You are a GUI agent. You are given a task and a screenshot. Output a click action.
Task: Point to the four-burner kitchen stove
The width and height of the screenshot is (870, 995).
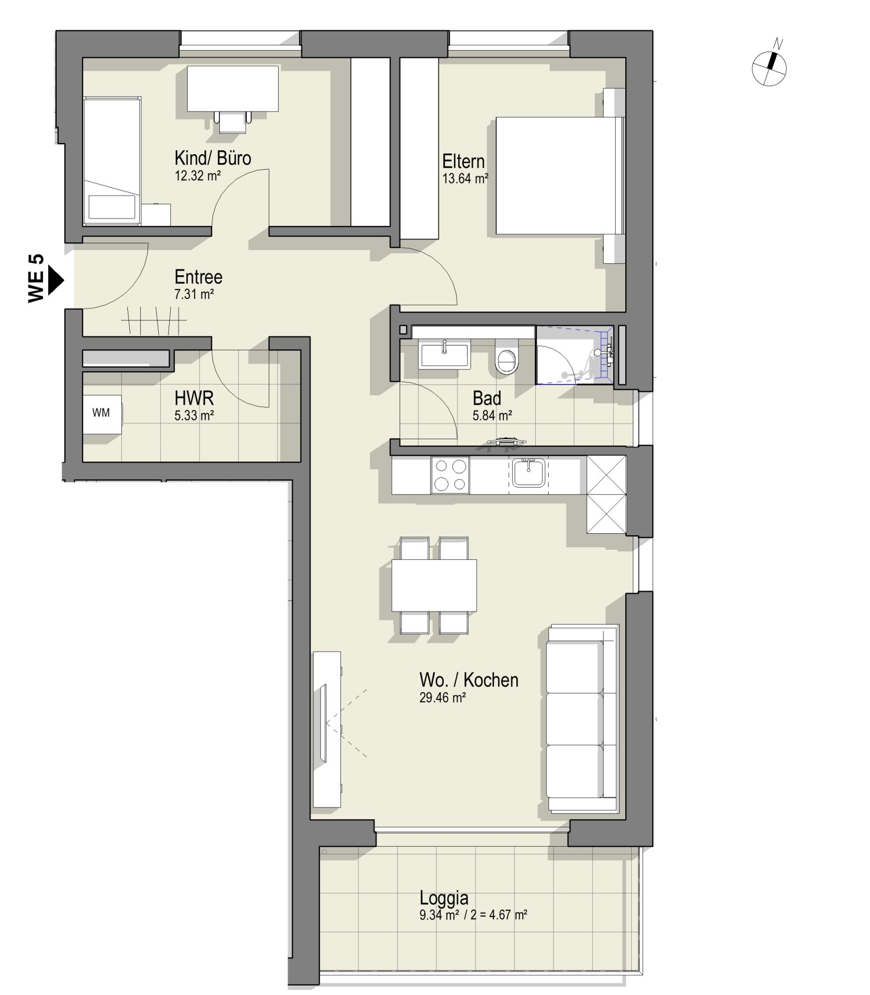(x=450, y=475)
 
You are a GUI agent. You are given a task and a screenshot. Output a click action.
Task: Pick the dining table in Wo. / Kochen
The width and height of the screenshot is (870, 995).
(x=434, y=585)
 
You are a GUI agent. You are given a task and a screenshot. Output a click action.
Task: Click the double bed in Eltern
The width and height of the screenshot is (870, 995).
(x=560, y=176)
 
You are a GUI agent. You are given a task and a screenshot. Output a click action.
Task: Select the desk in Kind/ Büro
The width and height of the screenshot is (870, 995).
(x=232, y=89)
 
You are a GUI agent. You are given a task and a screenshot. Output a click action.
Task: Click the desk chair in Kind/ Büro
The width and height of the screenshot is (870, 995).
(x=233, y=122)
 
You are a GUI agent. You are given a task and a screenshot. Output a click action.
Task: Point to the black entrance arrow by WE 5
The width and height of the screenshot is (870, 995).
(x=56, y=281)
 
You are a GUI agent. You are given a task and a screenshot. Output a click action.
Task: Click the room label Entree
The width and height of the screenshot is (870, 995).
(x=198, y=277)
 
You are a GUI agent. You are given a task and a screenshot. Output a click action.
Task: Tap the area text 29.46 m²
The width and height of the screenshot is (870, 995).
(x=442, y=697)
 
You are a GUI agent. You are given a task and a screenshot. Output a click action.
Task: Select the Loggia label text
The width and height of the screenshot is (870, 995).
(x=444, y=898)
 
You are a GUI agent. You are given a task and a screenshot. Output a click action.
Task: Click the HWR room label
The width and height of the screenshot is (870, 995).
(x=194, y=398)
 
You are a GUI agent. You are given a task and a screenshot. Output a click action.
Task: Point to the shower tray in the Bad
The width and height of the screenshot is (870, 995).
(x=575, y=355)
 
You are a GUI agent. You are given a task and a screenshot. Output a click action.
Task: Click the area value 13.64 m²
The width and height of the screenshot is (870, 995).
(x=465, y=179)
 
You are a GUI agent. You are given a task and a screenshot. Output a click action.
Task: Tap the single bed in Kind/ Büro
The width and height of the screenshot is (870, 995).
(x=112, y=161)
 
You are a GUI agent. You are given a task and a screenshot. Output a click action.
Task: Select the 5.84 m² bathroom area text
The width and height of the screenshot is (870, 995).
(x=492, y=415)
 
